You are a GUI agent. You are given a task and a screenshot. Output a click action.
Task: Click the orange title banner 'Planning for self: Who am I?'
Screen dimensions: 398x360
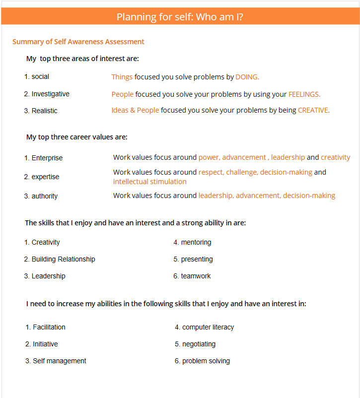pyautogui.click(x=180, y=17)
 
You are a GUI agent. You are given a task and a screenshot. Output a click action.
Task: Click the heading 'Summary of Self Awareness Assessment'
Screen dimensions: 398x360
pyautogui.click(x=78, y=42)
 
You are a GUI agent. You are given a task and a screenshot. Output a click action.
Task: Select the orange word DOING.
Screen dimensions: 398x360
pyautogui.click(x=247, y=77)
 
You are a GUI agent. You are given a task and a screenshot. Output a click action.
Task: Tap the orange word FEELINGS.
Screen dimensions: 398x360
pyautogui.click(x=304, y=94)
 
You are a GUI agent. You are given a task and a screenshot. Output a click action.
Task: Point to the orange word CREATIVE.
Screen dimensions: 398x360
pyautogui.click(x=313, y=110)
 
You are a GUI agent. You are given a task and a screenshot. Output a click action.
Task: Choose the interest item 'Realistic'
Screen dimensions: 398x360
pyautogui.click(x=44, y=111)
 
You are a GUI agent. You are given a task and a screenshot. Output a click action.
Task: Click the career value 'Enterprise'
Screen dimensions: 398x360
pyautogui.click(x=47, y=158)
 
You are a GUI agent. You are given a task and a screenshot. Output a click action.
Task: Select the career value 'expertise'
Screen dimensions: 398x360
pyautogui.click(x=45, y=177)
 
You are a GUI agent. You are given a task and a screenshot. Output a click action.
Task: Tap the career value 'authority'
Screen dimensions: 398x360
pyautogui.click(x=44, y=196)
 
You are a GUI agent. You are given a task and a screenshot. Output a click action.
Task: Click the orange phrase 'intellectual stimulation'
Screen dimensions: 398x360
pyautogui.click(x=149, y=182)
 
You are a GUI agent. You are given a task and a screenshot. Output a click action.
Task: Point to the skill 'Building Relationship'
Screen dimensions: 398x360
pyautogui.click(x=63, y=259)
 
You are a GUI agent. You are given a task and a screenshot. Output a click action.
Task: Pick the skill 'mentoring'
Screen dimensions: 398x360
pyautogui.click(x=196, y=242)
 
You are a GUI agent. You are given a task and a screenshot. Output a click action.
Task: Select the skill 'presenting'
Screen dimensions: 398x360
pyautogui.click(x=197, y=259)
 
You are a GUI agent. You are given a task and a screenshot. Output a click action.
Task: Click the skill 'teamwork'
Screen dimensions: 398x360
pyautogui.click(x=196, y=276)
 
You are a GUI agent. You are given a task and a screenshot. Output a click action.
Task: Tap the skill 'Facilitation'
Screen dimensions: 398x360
pyautogui.click(x=49, y=327)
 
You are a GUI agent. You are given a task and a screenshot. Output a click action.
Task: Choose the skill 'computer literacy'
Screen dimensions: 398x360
pyautogui.click(x=208, y=327)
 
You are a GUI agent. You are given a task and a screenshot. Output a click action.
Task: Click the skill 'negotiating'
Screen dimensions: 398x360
pyautogui.click(x=199, y=344)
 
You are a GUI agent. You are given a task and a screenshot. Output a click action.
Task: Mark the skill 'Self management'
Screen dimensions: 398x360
pyautogui.click(x=59, y=361)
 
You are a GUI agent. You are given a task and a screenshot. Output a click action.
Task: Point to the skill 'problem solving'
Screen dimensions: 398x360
pyautogui.click(x=206, y=361)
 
